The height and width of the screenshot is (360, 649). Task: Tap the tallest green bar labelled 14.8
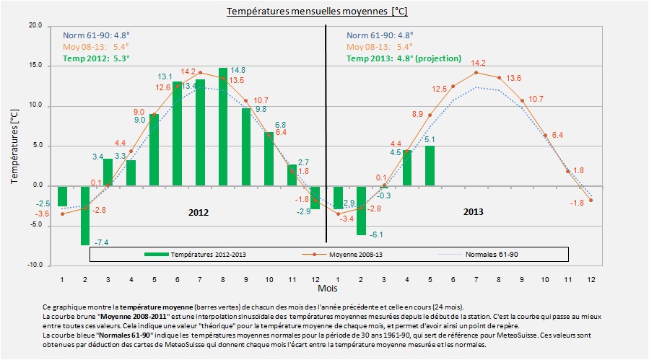[x=223, y=126]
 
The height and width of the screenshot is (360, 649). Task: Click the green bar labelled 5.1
[x=430, y=165]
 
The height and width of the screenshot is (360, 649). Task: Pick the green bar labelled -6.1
[x=361, y=210]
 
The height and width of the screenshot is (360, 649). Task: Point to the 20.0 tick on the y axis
[x=35, y=26]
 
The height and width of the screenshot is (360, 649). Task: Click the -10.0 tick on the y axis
[x=34, y=265]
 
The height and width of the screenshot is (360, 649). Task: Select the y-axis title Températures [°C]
[x=14, y=146]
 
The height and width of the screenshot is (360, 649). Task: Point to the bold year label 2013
[x=474, y=212]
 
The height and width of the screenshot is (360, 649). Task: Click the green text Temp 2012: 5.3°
[x=96, y=58]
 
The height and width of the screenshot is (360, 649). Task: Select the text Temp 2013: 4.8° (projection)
[x=404, y=58]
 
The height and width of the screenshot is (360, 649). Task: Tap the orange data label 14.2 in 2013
[x=477, y=63]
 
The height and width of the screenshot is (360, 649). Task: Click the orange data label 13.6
[x=513, y=78]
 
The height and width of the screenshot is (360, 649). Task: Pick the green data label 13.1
[x=165, y=76]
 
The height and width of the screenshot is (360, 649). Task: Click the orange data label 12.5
[x=440, y=88]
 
